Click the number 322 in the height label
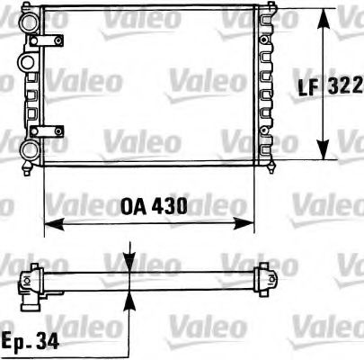(347, 85)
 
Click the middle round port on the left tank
(26, 61)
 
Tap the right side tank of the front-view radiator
(267, 85)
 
